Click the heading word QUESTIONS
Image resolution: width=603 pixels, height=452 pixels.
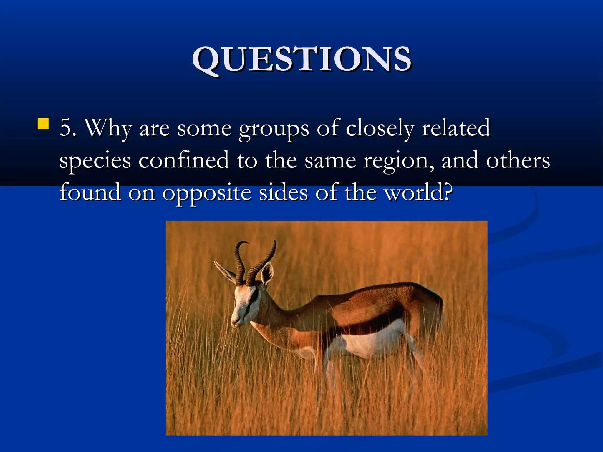coord(301,60)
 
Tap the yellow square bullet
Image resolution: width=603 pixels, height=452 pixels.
coord(43,124)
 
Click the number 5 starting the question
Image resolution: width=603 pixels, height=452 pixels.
coord(67,128)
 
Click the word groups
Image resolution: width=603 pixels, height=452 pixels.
coord(274,129)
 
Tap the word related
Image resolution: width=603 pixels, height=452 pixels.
coord(456,128)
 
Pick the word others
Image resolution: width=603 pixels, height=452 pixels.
coord(518,160)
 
